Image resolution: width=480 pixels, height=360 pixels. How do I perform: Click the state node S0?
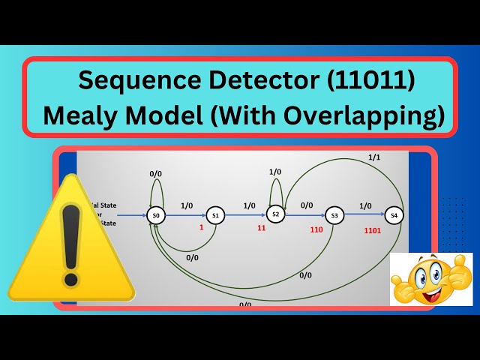tap(156, 216)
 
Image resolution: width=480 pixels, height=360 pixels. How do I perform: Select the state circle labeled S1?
tap(214, 216)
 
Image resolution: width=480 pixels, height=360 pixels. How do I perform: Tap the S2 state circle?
tap(275, 214)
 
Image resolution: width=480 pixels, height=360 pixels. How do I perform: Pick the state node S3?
tap(334, 216)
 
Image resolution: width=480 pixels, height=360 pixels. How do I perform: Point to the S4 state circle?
tap(394, 216)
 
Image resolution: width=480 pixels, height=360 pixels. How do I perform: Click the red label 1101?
tap(372, 230)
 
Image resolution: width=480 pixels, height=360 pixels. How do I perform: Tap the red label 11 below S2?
tap(262, 227)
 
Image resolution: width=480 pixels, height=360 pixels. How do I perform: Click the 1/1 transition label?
tap(373, 157)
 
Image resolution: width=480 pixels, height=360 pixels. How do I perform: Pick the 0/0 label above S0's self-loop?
tap(155, 174)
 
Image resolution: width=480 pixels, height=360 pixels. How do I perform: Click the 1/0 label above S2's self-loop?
tap(275, 172)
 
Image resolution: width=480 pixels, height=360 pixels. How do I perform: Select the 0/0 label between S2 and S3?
tap(307, 205)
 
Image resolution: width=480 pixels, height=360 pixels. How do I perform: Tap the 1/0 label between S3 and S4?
tap(365, 205)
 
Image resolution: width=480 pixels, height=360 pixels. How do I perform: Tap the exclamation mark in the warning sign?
tap(70, 241)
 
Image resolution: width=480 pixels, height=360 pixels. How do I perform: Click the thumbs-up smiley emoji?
tap(430, 279)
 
